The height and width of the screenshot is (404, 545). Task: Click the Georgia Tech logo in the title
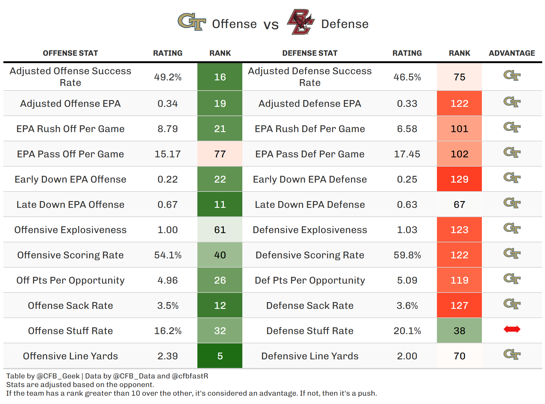[x=192, y=22]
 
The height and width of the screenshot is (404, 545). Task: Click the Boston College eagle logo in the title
[x=301, y=22]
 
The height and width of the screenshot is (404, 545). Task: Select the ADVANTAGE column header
[x=512, y=53]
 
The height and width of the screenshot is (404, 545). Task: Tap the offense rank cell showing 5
[x=220, y=356]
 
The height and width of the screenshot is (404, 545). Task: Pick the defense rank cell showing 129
[x=459, y=179]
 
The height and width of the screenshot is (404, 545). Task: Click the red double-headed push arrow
[x=512, y=329]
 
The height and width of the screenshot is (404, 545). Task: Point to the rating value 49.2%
[x=168, y=77]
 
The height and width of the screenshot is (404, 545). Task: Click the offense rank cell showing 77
[x=220, y=154]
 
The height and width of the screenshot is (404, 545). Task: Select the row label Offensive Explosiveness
[x=71, y=230]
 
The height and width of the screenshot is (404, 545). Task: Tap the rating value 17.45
[x=407, y=154]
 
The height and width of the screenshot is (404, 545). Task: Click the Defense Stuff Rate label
[x=310, y=331]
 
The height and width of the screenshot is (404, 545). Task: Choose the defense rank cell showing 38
[x=459, y=331]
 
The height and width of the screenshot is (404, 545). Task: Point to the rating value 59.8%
[x=407, y=255]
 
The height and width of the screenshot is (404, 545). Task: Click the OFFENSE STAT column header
[x=71, y=53]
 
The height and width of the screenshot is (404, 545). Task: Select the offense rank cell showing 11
[x=220, y=204]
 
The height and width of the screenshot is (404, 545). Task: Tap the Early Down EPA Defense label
[x=310, y=179]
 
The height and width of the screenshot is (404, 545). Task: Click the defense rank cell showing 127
[x=459, y=305]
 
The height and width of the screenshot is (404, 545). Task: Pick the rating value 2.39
[x=168, y=356]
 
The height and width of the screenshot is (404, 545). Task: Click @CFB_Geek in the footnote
[x=58, y=376]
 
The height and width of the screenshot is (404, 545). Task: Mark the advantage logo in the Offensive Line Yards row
[x=512, y=354]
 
